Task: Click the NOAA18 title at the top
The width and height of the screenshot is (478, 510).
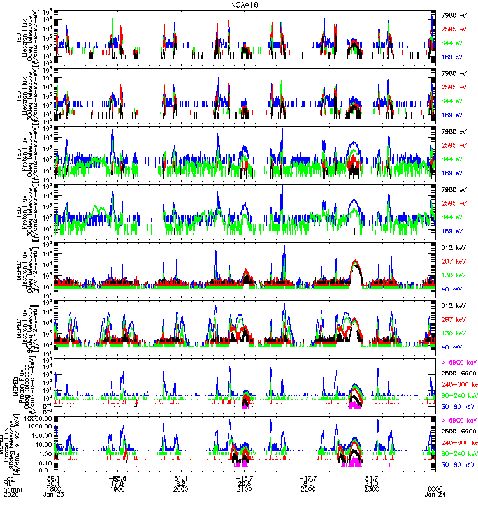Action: pos(245,4)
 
